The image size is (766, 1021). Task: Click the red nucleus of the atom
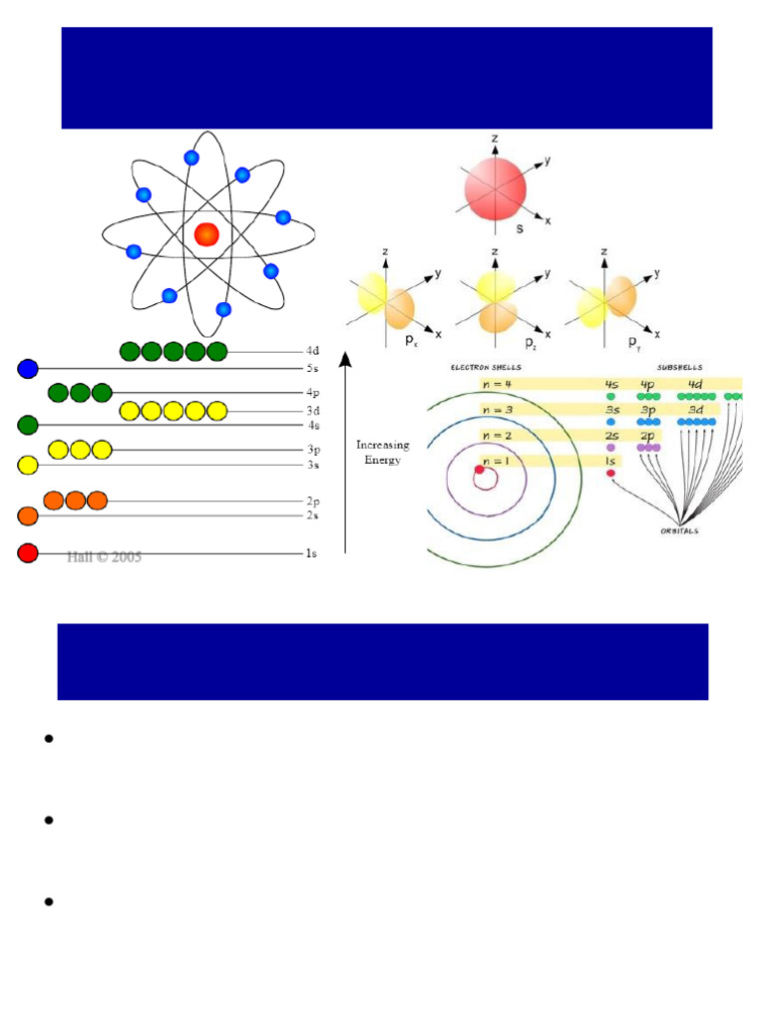[206, 234]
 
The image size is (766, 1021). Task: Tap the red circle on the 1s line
[28, 553]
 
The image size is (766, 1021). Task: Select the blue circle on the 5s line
[28, 369]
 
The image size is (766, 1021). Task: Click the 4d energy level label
[312, 351]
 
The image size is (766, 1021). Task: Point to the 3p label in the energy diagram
[312, 450]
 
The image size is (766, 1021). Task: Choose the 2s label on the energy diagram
[312, 515]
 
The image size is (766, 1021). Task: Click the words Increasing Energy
[383, 453]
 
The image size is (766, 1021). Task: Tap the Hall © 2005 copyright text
[104, 557]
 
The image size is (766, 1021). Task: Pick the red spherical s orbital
[495, 189]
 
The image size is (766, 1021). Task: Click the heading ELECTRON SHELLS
[486, 368]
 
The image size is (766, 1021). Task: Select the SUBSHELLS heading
[680, 368]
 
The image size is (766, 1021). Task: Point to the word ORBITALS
[678, 530]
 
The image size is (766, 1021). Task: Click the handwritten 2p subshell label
[648, 436]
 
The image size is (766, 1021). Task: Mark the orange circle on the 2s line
[28, 515]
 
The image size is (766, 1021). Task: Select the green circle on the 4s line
[28, 426]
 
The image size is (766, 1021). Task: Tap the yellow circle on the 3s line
[28, 465]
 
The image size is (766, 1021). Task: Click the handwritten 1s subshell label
[610, 461]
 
